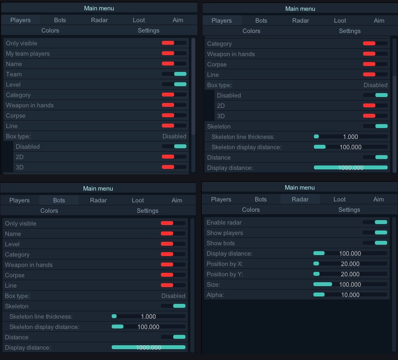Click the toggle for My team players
pyautogui.click(x=174, y=53)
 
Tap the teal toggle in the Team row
pyautogui.click(x=174, y=74)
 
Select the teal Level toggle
pyautogui.click(x=174, y=84)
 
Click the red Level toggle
pyautogui.click(x=173, y=244)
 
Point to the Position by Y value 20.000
pyautogui.click(x=350, y=274)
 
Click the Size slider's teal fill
pyautogui.click(x=323, y=284)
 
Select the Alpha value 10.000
pyautogui.click(x=350, y=295)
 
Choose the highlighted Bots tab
pyautogui.click(x=59, y=200)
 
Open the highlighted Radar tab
pyautogui.click(x=300, y=199)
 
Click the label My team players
pyautogui.click(x=28, y=53)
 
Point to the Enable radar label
pyautogui.click(x=224, y=222)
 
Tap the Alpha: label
pyautogui.click(x=215, y=295)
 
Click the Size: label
pyautogui.click(x=213, y=284)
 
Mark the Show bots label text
pyautogui.click(x=220, y=243)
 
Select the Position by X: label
pyautogui.click(x=225, y=263)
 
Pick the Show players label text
pyautogui.click(x=224, y=232)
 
